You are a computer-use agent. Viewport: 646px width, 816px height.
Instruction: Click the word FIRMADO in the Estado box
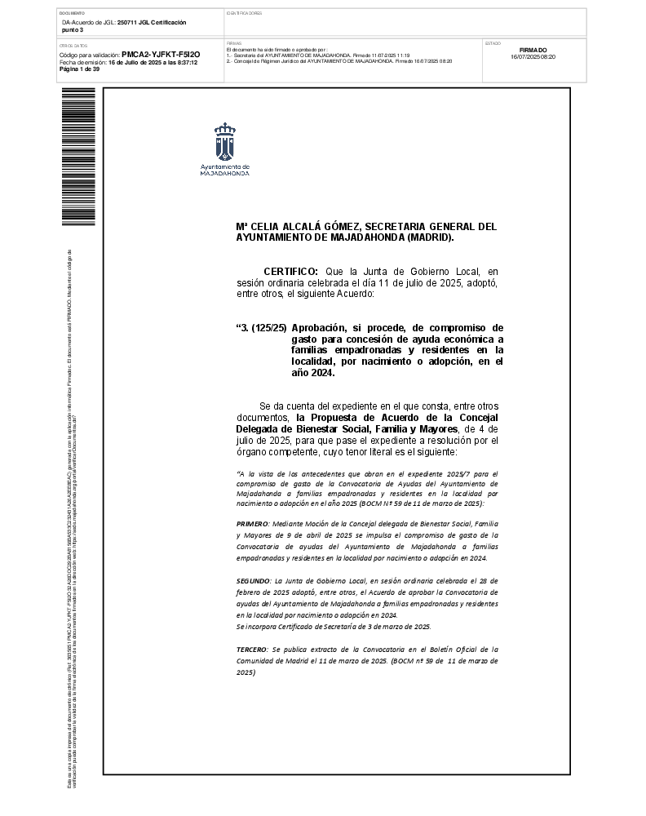(533, 50)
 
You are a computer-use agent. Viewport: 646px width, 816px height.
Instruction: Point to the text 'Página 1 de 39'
(79, 69)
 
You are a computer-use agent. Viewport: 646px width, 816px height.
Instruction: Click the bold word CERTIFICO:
(291, 271)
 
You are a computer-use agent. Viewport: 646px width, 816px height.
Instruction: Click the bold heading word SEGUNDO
(253, 580)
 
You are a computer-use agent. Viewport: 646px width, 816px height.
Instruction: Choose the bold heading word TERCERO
(252, 649)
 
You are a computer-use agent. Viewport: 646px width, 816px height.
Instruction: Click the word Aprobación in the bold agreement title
(321, 327)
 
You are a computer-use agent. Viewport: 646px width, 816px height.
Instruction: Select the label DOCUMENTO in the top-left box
(72, 14)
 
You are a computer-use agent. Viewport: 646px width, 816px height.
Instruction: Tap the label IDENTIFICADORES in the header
(244, 14)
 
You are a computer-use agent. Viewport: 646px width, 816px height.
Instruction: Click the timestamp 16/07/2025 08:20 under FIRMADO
(533, 57)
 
